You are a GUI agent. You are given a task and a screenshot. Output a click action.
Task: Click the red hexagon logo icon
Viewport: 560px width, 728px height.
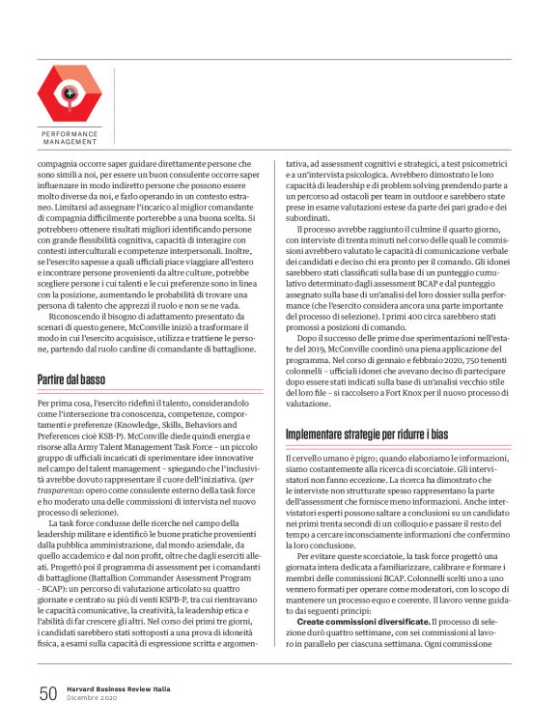click(x=70, y=93)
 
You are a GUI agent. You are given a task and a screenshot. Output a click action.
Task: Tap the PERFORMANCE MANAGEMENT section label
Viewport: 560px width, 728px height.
click(x=70, y=137)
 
